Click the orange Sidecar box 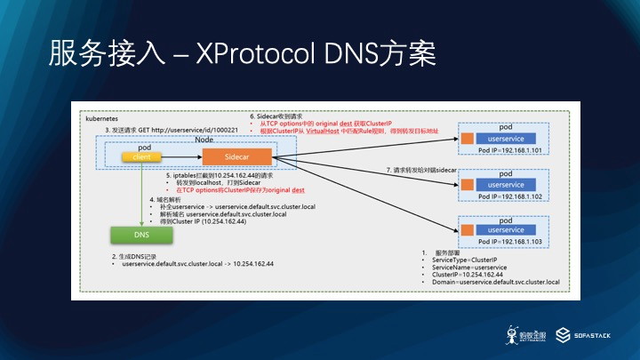pos(236,157)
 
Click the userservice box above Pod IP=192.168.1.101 pos(505,139)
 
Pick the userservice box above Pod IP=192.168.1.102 pos(505,184)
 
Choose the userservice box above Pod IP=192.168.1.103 pos(505,230)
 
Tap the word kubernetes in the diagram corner pos(101,116)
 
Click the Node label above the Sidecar pos(204,140)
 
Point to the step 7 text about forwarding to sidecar pos(421,169)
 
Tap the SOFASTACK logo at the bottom pos(581,335)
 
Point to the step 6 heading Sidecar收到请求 pos(276,116)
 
